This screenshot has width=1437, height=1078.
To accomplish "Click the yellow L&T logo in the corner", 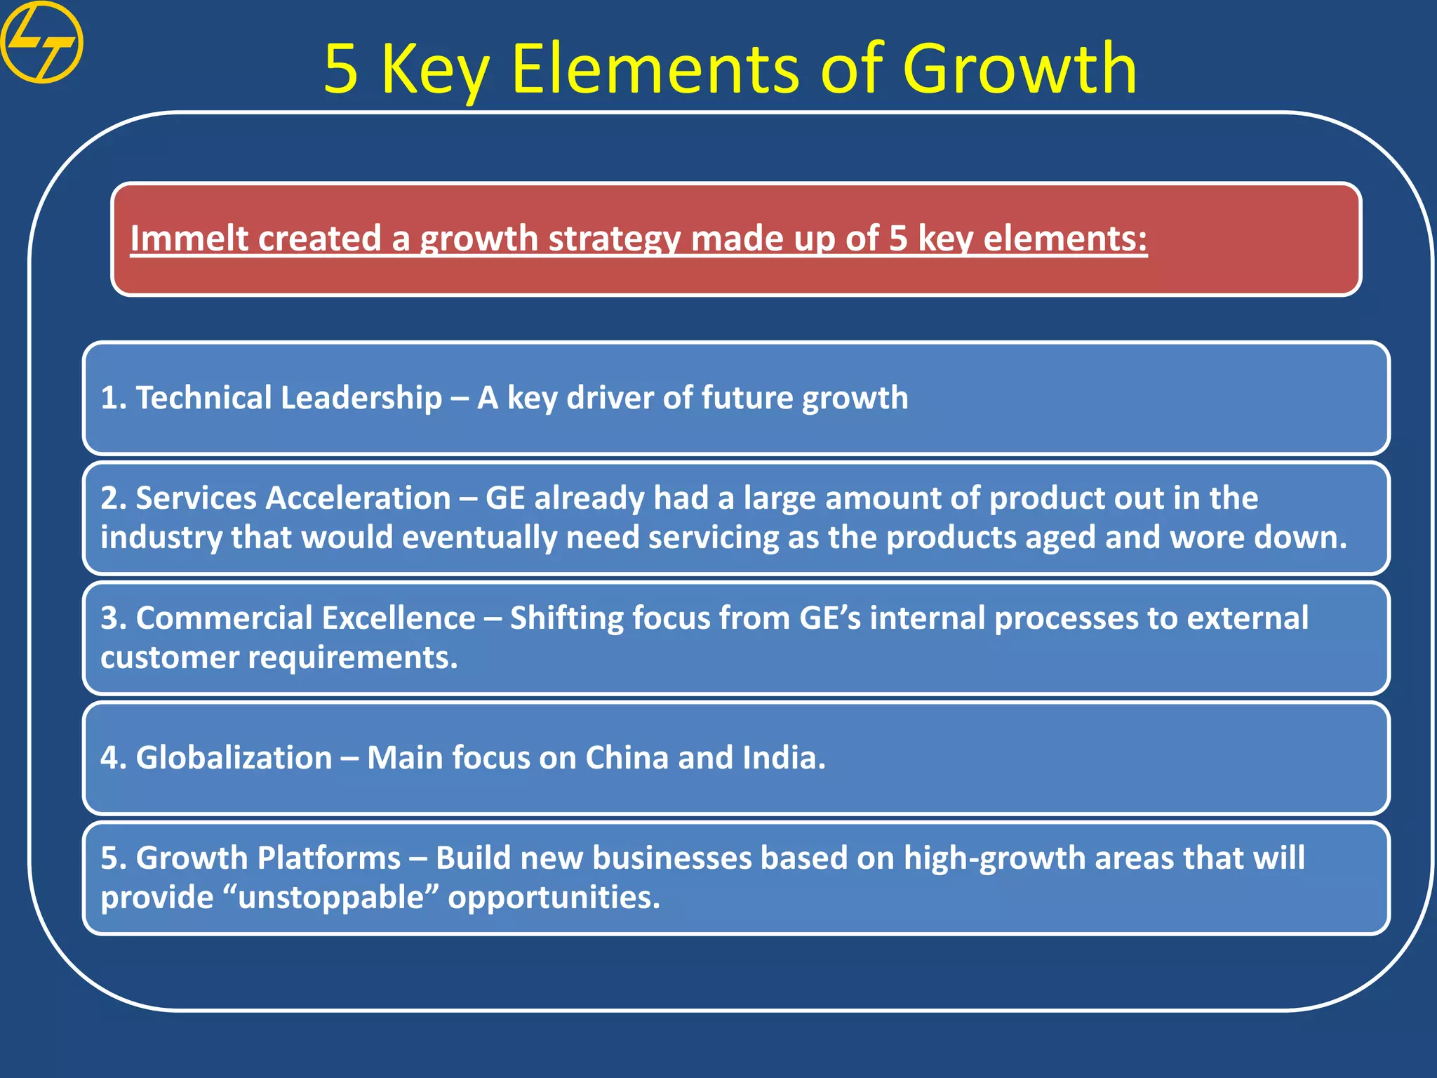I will pos(41,42).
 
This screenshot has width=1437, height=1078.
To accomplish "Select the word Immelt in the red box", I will pos(185,239).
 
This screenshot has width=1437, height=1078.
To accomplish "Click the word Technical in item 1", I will pos(203,398).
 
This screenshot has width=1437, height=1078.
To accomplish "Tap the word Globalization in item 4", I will pos(234,758).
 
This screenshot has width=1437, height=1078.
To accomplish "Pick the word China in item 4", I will pos(627,758).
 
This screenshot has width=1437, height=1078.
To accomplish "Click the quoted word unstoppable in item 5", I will pos(331,898).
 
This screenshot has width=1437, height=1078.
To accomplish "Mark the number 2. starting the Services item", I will pos(113,498).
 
